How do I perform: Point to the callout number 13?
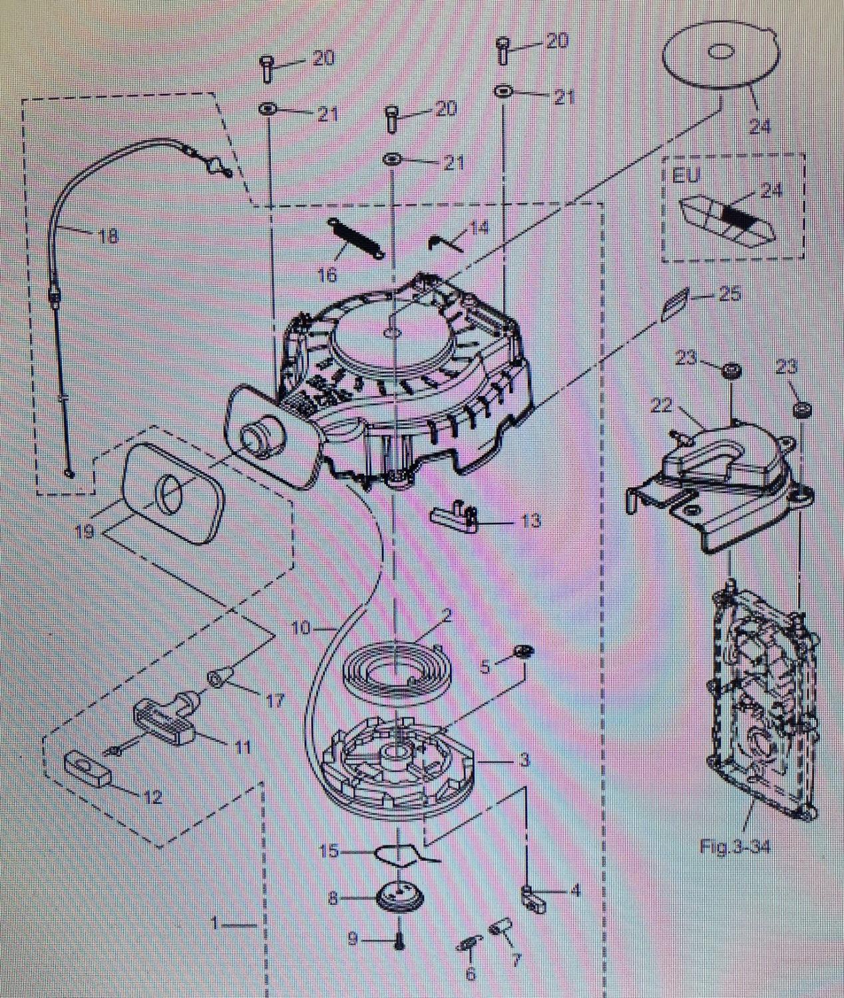pyautogui.click(x=530, y=520)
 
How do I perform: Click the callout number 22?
pyautogui.click(x=660, y=406)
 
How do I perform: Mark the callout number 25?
pyautogui.click(x=730, y=293)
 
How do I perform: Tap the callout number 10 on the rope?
pyautogui.click(x=301, y=627)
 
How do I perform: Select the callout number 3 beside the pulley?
pyautogui.click(x=525, y=760)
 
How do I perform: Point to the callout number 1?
pyautogui.click(x=214, y=923)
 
